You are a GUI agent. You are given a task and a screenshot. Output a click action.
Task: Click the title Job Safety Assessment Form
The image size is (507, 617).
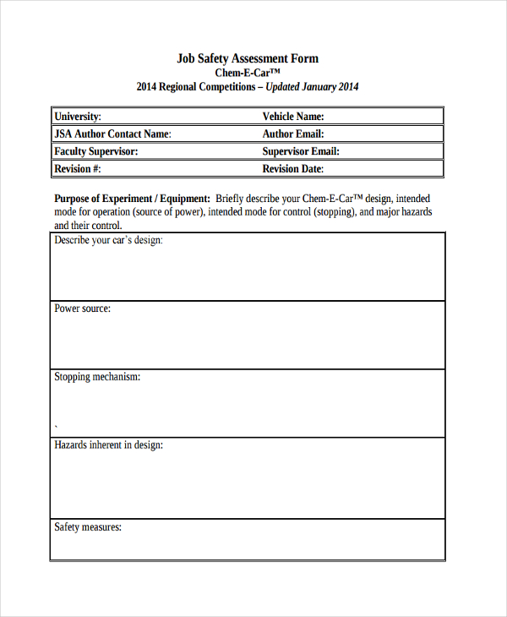(248, 58)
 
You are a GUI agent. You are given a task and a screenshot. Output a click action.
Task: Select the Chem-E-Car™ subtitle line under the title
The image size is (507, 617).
(248, 73)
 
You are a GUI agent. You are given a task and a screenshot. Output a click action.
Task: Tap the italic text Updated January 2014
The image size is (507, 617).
(313, 87)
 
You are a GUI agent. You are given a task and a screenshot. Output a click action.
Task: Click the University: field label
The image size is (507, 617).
(78, 117)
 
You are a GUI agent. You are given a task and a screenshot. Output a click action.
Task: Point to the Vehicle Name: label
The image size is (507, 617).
(293, 117)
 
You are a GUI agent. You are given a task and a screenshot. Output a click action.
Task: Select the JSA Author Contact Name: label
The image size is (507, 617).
(112, 134)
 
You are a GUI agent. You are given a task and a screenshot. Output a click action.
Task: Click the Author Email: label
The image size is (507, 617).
(293, 134)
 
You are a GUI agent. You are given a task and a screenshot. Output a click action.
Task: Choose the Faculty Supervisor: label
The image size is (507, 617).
(96, 152)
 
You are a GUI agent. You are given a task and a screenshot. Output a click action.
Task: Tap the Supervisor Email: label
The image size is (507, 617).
(301, 152)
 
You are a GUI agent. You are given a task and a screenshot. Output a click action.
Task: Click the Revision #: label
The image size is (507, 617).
(78, 169)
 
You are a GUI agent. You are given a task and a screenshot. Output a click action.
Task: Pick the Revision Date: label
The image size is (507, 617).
(293, 169)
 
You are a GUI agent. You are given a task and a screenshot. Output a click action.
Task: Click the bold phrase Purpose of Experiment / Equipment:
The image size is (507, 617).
(132, 199)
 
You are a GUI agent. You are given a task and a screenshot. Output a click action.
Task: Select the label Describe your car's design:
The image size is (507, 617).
(108, 241)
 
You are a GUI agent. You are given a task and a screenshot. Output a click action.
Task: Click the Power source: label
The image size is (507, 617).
(82, 308)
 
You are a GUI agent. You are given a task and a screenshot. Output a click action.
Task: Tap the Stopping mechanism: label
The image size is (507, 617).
(97, 377)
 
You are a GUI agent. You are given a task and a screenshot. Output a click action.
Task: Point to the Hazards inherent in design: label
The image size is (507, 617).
(108, 445)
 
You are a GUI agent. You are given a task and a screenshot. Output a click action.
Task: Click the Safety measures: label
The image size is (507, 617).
(88, 527)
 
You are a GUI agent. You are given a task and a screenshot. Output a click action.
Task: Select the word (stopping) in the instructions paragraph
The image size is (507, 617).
(335, 212)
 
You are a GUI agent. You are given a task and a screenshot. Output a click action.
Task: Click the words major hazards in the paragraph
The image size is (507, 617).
(404, 212)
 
